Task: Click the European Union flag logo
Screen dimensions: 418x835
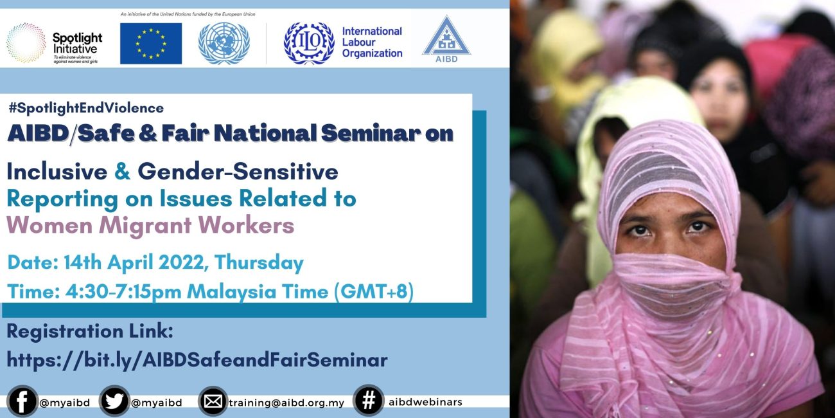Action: point(151,43)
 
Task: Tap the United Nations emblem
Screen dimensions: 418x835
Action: point(224,43)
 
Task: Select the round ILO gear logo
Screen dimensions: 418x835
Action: point(309,43)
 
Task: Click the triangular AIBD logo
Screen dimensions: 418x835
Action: point(446,40)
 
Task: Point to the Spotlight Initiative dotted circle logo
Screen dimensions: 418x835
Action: point(26,43)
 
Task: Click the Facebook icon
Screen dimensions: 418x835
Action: point(21,402)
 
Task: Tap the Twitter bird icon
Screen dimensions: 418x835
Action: point(114,402)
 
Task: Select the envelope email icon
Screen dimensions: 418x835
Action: point(213,402)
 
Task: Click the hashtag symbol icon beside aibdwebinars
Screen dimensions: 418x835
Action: point(369,401)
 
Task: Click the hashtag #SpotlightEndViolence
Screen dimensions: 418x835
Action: point(86,108)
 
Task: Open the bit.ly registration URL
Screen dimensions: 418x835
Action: point(197,359)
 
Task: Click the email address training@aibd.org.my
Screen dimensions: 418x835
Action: point(286,403)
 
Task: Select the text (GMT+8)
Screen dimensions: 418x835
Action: point(373,291)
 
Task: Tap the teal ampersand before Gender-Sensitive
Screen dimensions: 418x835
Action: point(122,171)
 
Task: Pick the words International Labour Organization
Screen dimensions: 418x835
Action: point(372,42)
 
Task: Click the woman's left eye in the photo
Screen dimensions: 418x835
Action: point(697,227)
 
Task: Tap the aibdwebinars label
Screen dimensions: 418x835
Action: point(425,402)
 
